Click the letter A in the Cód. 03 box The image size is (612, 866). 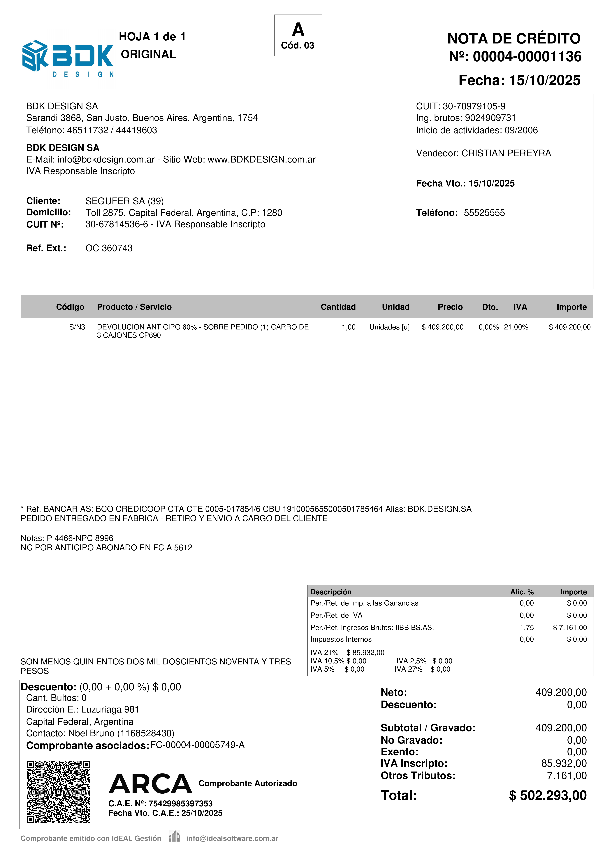coord(298,29)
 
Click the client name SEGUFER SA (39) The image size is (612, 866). coord(124,201)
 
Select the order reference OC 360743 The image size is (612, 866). coord(109,248)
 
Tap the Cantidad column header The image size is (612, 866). coord(338,307)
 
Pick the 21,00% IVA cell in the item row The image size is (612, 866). coord(516,327)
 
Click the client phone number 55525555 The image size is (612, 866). coord(484,213)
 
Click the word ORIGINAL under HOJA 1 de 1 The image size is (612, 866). coord(148,54)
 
